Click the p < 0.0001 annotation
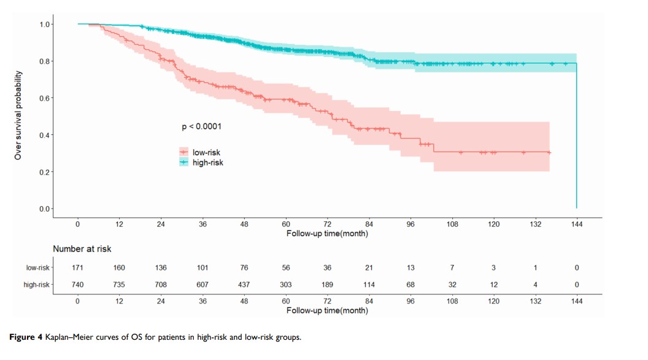pyautogui.click(x=201, y=126)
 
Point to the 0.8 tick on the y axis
pyautogui.click(x=46, y=61)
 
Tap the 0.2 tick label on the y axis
pyautogui.click(x=46, y=172)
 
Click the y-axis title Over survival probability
pyautogui.click(x=18, y=115)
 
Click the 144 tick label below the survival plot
pyautogui.click(x=577, y=224)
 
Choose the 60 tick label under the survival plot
pyautogui.click(x=286, y=224)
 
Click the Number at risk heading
pyautogui.click(x=82, y=249)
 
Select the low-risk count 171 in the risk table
pyautogui.click(x=78, y=268)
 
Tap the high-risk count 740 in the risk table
pyautogui.click(x=78, y=285)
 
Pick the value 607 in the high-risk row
pyautogui.click(x=202, y=285)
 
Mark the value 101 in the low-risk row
pyautogui.click(x=202, y=268)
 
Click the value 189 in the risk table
pyautogui.click(x=328, y=285)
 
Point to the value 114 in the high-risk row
pyautogui.click(x=369, y=285)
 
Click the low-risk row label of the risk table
pyautogui.click(x=38, y=268)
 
